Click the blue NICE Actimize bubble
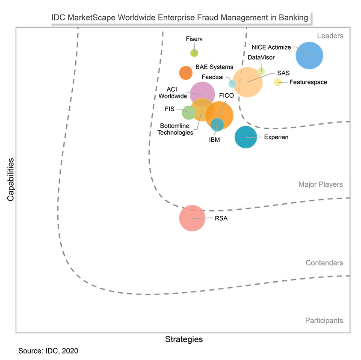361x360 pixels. (310, 55)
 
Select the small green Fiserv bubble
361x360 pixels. (194, 53)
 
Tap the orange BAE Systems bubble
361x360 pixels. (186, 73)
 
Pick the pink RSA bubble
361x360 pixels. (192, 218)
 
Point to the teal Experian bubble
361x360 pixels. (246, 137)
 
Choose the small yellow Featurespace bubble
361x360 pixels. (278, 82)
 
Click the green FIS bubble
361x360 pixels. (189, 113)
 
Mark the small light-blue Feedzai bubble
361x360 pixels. (232, 83)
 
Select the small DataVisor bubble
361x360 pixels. (261, 71)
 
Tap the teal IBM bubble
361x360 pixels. (217, 124)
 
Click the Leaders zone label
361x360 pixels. (330, 36)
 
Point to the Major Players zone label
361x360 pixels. (320, 184)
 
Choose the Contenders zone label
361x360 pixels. (324, 263)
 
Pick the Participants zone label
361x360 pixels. (324, 320)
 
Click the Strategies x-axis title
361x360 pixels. (184, 339)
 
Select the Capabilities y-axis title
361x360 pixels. (10, 180)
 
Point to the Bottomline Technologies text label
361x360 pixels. (175, 129)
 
